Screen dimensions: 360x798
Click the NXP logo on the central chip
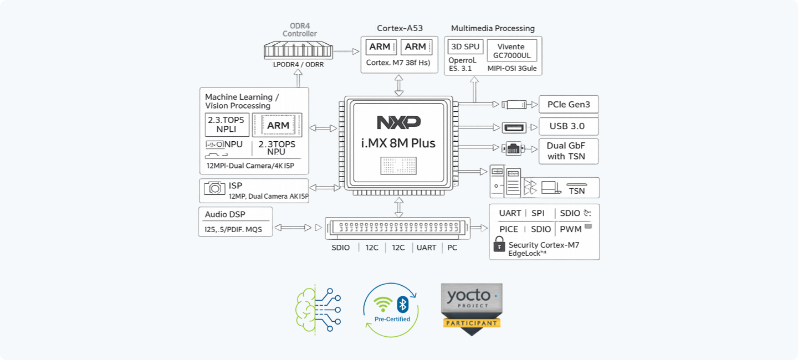click(x=398, y=122)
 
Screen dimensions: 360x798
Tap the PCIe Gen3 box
click(x=569, y=104)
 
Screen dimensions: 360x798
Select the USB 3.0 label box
click(x=569, y=126)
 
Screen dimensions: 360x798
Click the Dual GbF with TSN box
click(x=569, y=151)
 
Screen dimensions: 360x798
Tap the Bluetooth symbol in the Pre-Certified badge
click(x=403, y=304)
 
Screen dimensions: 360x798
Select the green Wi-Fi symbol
click(x=383, y=305)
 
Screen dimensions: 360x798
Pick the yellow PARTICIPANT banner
click(x=472, y=322)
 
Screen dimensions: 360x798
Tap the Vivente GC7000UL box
click(x=511, y=51)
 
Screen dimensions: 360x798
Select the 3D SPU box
click(x=465, y=47)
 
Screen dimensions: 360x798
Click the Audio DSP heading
click(x=225, y=214)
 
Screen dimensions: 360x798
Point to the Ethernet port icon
click(x=513, y=148)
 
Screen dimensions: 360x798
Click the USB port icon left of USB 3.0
click(x=514, y=127)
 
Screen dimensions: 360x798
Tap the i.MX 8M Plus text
click(x=398, y=143)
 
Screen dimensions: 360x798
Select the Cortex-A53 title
click(x=400, y=28)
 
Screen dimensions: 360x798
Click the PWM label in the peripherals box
click(x=570, y=229)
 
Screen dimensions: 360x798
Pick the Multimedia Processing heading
click(x=493, y=28)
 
